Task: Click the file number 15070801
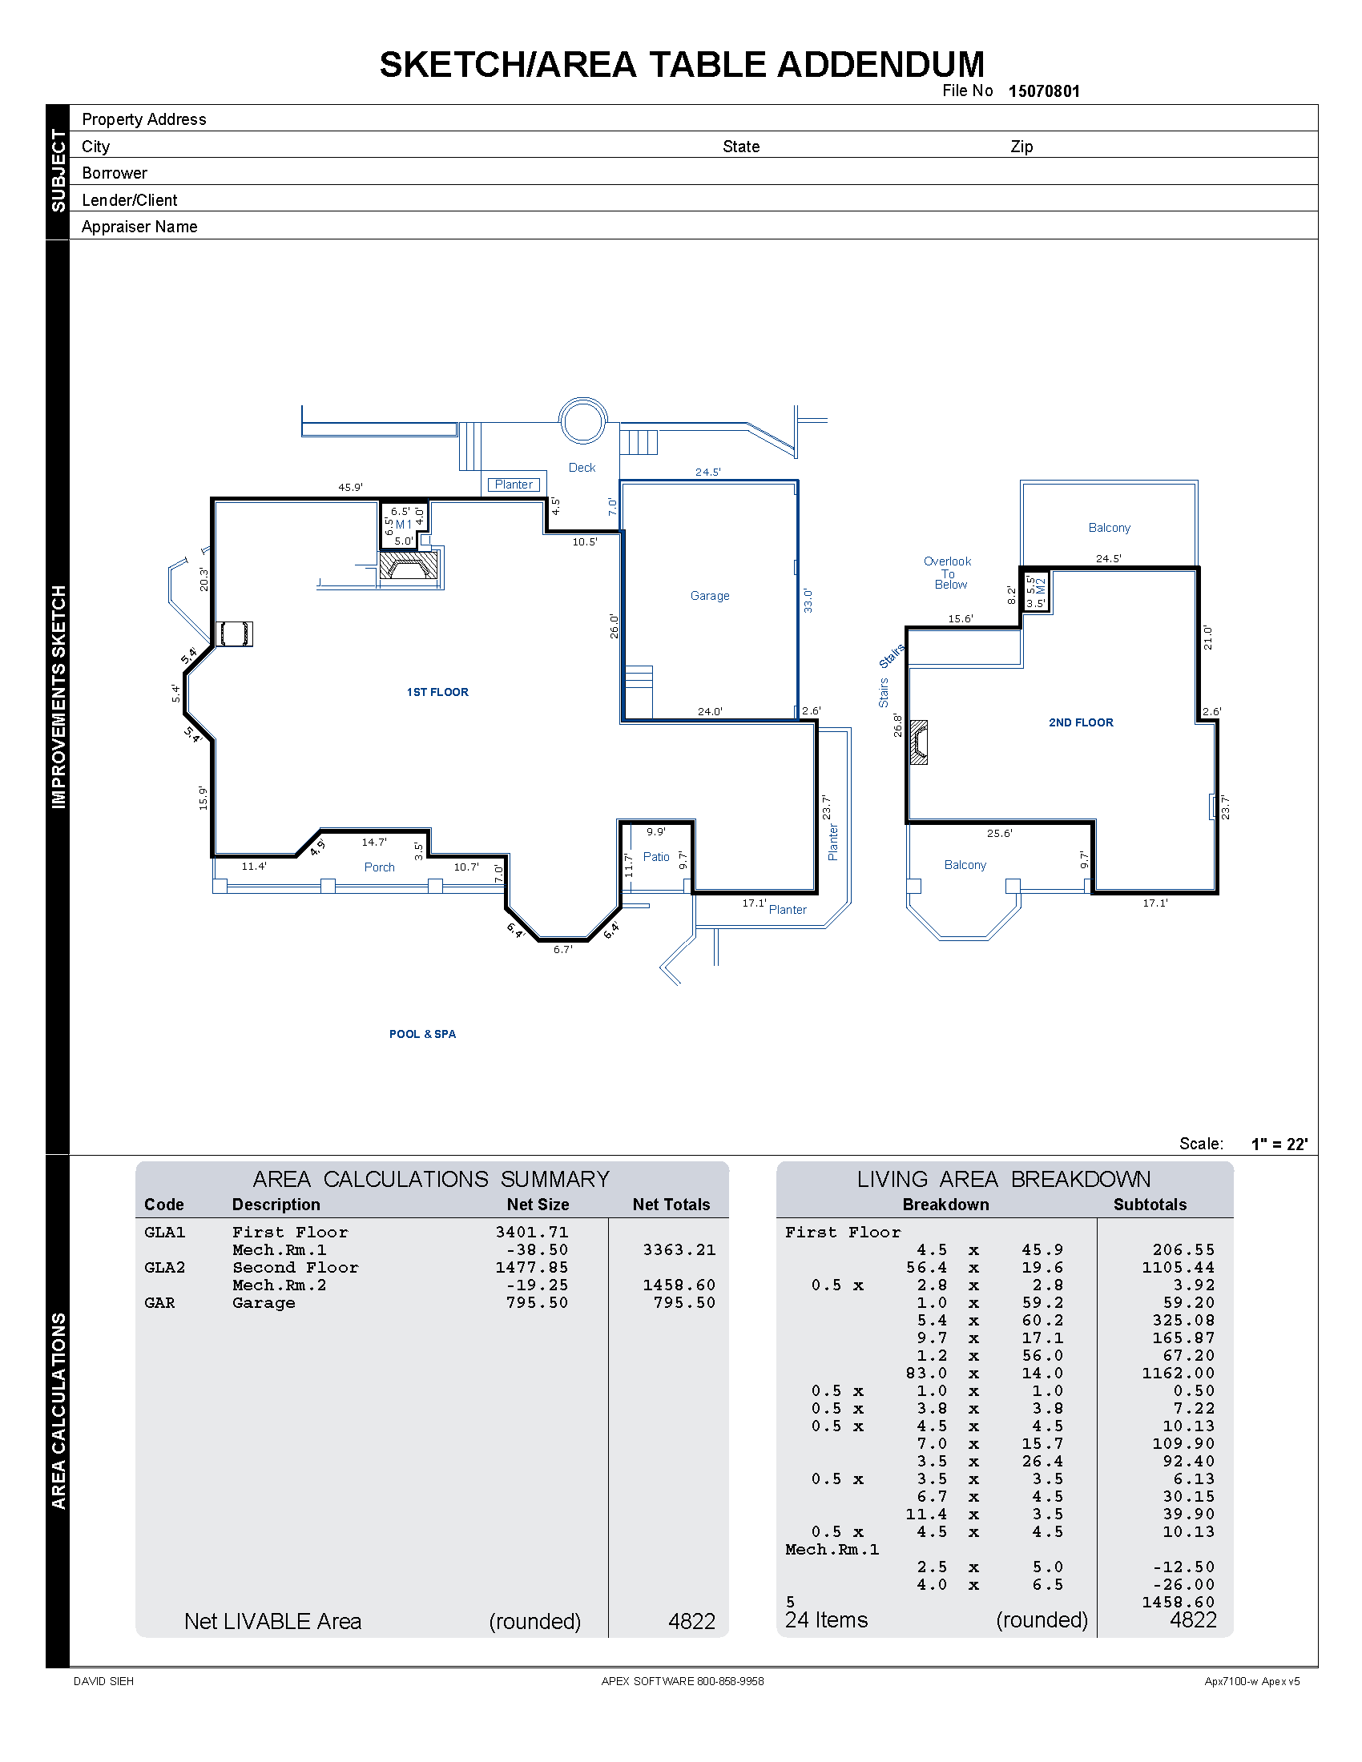click(1043, 91)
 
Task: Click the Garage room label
click(709, 595)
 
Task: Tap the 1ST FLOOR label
click(437, 692)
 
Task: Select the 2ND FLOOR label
click(1081, 722)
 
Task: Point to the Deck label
click(582, 467)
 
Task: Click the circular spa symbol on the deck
click(582, 420)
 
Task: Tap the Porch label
click(379, 867)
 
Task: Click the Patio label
click(656, 857)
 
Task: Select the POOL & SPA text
click(422, 1034)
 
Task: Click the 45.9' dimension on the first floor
click(350, 487)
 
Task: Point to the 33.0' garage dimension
click(808, 600)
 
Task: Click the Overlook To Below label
click(948, 573)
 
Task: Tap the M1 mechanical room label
click(404, 525)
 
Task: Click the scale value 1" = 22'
click(1279, 1144)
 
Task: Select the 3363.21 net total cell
click(679, 1249)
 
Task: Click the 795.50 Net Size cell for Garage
click(537, 1303)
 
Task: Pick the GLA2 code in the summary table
click(164, 1268)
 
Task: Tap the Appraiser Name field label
click(139, 227)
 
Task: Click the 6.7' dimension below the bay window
click(562, 950)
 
